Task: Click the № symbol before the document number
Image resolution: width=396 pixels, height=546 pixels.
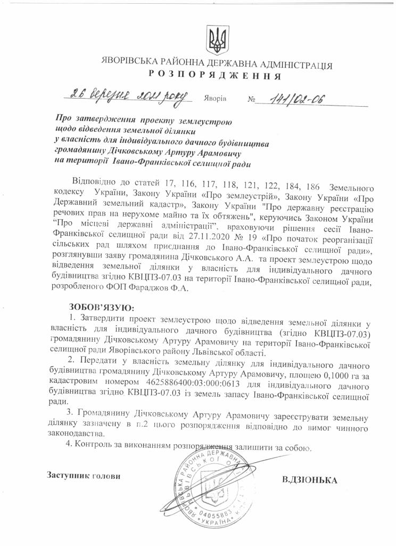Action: coord(252,100)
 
